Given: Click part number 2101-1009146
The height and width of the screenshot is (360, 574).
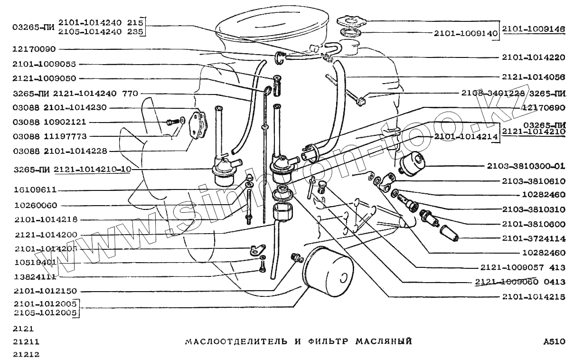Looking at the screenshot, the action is (534, 29).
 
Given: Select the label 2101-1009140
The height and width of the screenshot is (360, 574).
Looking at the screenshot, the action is (465, 34).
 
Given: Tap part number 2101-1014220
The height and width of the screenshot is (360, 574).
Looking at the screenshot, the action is (533, 57).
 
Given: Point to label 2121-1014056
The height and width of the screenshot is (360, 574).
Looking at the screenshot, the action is (533, 76).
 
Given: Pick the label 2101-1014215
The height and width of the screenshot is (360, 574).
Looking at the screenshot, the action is (533, 297).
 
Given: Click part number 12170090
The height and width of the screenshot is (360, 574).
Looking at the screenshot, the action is (35, 49).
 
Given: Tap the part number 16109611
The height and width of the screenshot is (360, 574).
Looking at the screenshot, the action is (35, 189).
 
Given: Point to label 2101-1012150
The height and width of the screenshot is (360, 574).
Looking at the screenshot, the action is (45, 291).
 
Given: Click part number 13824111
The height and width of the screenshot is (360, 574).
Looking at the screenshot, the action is (35, 276).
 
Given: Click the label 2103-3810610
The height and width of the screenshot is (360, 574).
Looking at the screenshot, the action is (533, 180).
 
